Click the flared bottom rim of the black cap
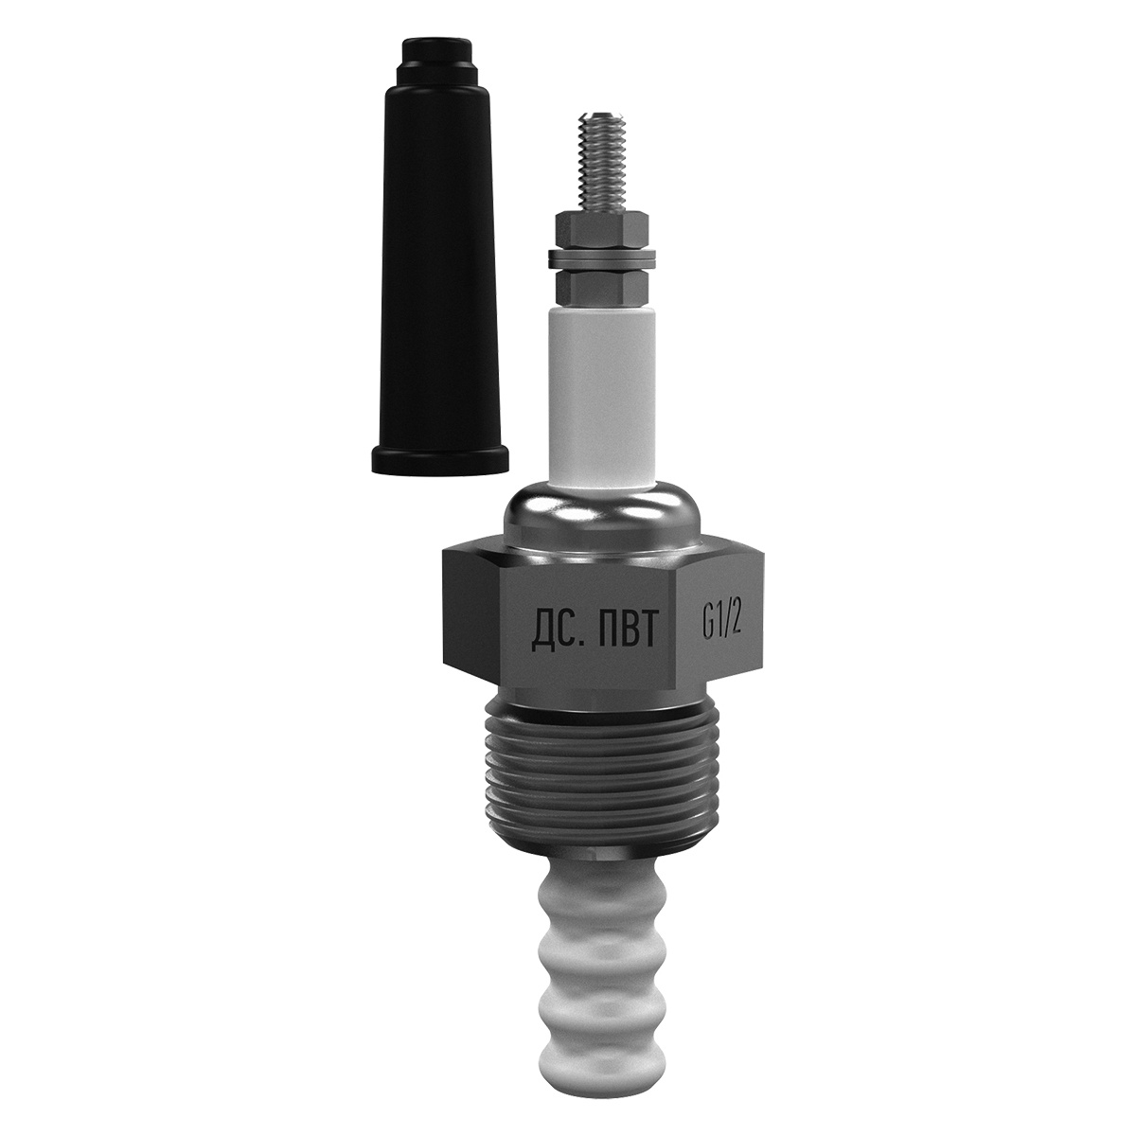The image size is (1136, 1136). coord(440,458)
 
